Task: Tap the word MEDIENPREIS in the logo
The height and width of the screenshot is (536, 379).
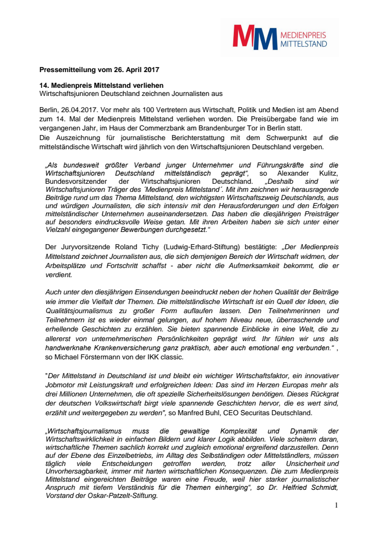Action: (x=303, y=35)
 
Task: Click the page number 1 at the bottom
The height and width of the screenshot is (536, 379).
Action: (x=336, y=506)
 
